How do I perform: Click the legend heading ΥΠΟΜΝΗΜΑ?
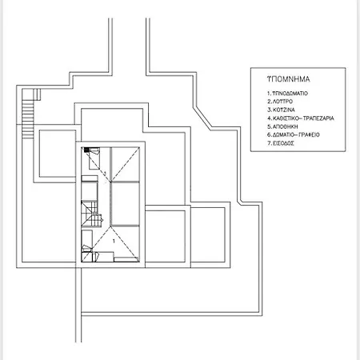(x=289, y=79)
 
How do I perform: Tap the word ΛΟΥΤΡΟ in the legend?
(x=282, y=102)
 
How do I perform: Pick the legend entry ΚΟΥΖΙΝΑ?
(x=284, y=110)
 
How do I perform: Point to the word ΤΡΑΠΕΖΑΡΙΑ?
(x=318, y=118)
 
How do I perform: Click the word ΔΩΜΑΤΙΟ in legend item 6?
(x=284, y=135)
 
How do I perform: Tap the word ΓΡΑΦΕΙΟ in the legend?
(x=309, y=135)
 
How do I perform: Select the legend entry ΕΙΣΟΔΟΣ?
(x=283, y=143)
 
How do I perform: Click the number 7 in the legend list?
(x=269, y=143)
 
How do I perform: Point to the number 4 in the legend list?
(x=269, y=118)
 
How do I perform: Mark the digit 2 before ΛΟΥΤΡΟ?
(x=269, y=102)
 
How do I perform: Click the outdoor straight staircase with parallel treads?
(x=28, y=118)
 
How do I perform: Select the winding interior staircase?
(x=92, y=214)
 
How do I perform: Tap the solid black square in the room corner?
(x=86, y=150)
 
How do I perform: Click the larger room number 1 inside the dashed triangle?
(x=114, y=242)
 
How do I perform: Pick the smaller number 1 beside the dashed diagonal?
(x=105, y=174)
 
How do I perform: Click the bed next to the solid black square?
(x=94, y=158)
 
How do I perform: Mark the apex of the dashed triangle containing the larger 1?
(x=110, y=226)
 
